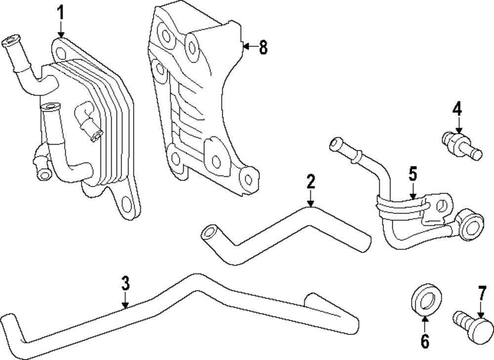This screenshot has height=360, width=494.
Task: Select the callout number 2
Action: (x=310, y=182)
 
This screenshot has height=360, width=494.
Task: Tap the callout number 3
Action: (x=125, y=283)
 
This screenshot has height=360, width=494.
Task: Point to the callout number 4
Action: (x=457, y=108)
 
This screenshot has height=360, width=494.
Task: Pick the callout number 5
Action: (x=413, y=174)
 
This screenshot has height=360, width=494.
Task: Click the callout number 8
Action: (x=263, y=47)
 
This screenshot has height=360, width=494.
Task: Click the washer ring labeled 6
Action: (x=426, y=299)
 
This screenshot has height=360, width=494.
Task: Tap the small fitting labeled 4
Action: (x=459, y=145)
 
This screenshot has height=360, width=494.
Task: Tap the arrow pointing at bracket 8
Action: (x=249, y=47)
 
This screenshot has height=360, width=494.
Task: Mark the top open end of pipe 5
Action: (x=335, y=144)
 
